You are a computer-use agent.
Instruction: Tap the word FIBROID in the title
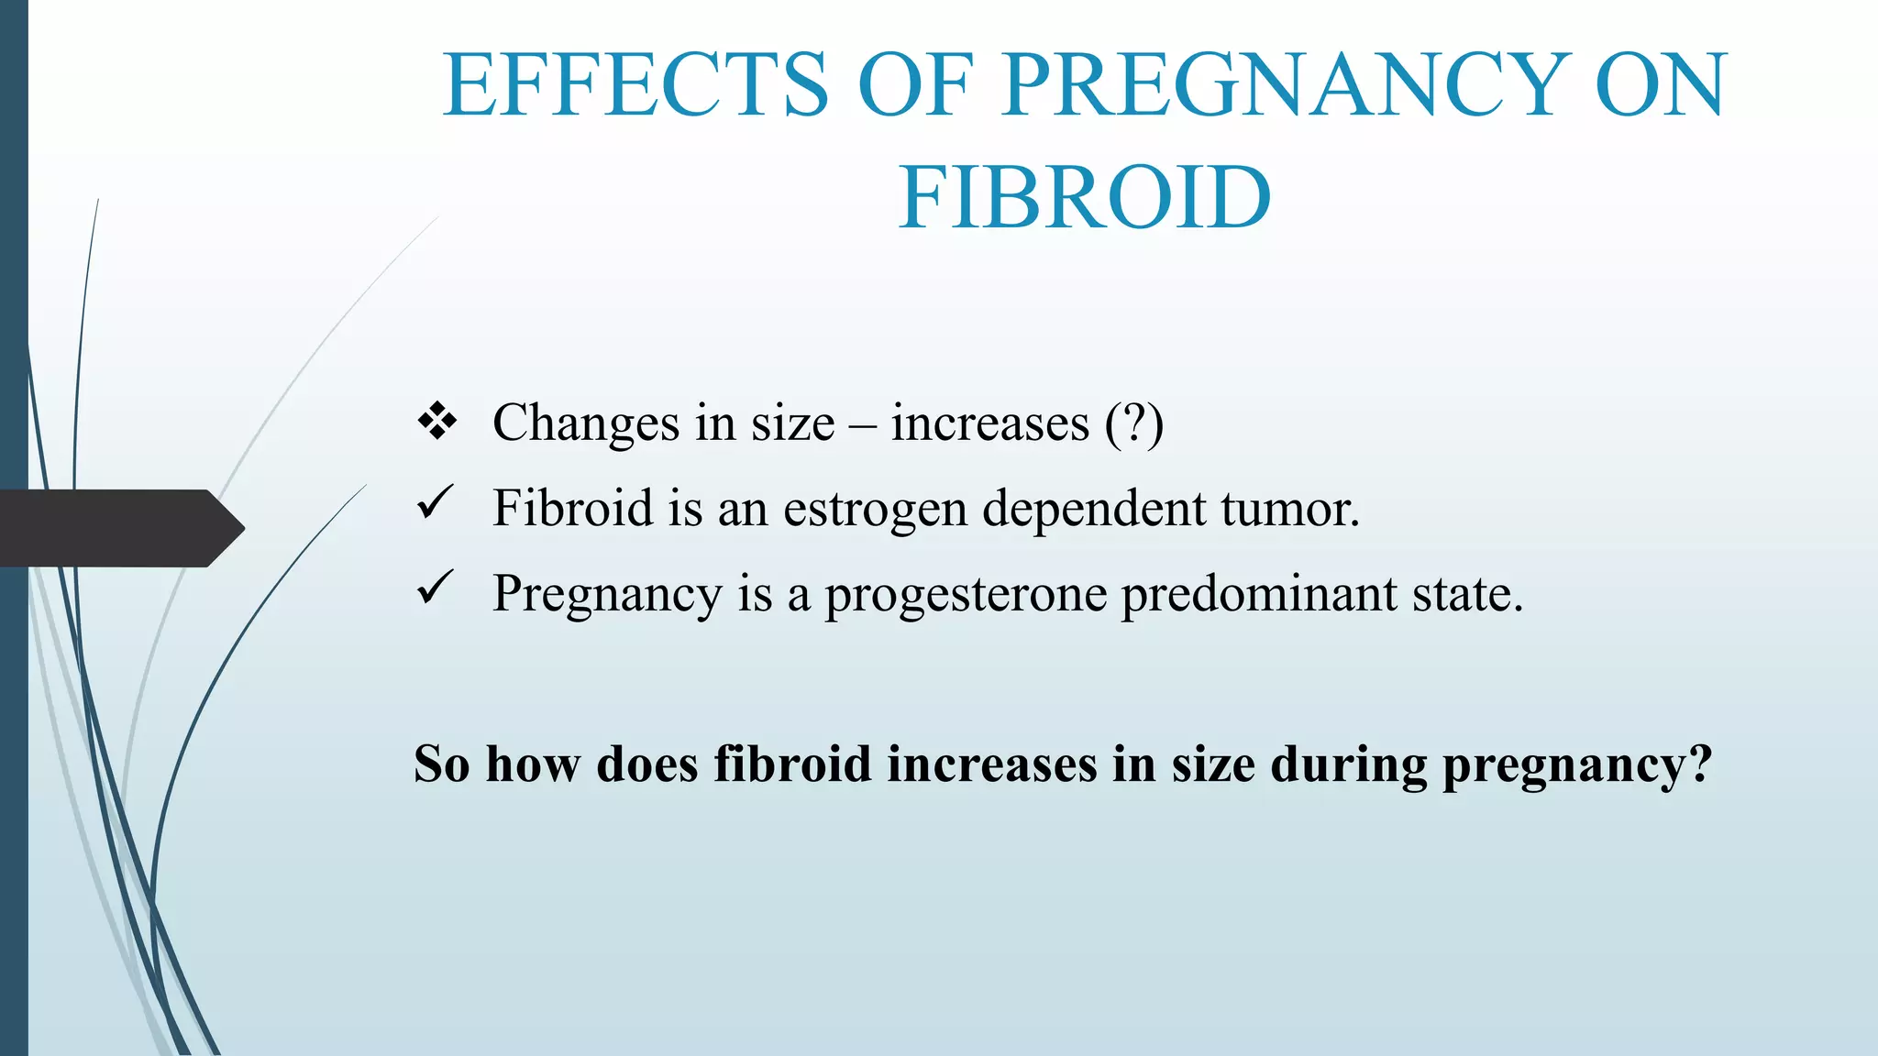click(1085, 198)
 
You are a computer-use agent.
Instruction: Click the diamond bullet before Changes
click(437, 422)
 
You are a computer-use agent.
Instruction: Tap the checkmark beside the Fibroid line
click(435, 503)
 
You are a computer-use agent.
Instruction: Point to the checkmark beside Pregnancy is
click(435, 588)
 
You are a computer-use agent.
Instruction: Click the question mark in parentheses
click(1134, 423)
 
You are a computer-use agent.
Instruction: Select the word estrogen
click(875, 510)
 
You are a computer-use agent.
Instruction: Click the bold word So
click(441, 764)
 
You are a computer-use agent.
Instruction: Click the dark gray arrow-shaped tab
click(119, 528)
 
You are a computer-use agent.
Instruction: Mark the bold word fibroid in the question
click(792, 764)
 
